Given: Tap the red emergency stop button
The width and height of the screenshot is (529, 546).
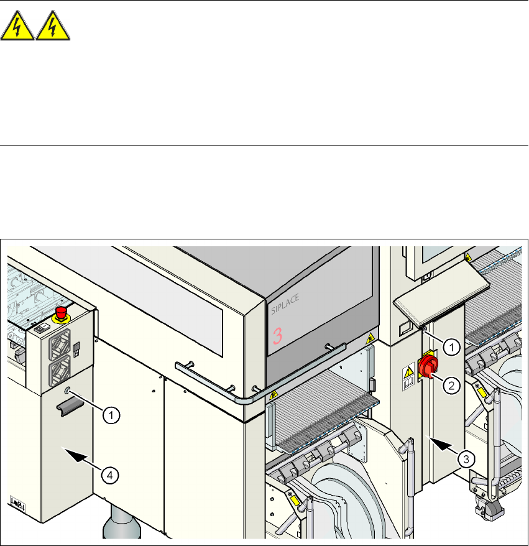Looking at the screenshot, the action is click(x=62, y=312).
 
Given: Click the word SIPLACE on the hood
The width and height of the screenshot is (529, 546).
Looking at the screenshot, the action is click(x=285, y=310).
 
